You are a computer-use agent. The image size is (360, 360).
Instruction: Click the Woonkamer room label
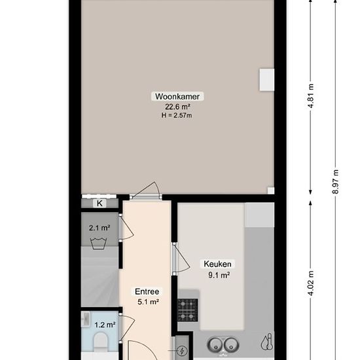click(177, 96)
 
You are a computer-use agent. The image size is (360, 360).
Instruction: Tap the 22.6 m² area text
click(177, 107)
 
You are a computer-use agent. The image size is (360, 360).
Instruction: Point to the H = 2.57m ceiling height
click(177, 116)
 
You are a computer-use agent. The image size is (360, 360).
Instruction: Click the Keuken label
click(217, 264)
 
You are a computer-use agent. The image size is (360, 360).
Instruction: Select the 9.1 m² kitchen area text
click(217, 275)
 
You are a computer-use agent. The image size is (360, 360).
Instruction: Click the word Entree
click(147, 292)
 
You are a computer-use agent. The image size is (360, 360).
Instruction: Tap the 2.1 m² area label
click(99, 228)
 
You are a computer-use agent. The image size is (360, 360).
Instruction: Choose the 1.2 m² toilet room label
click(105, 324)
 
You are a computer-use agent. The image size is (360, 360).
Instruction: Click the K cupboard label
click(99, 204)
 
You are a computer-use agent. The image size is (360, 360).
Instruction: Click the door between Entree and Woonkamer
click(145, 192)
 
